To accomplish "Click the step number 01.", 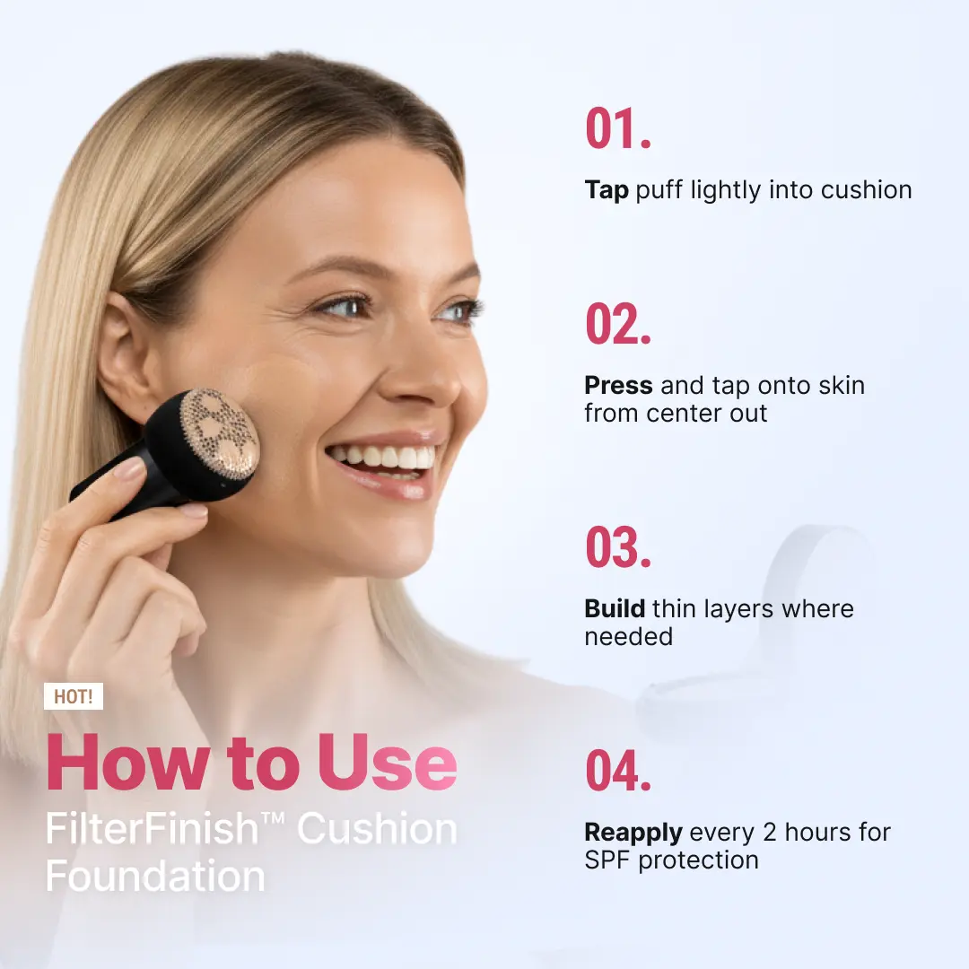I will click(x=618, y=129).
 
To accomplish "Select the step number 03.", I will click(x=618, y=547).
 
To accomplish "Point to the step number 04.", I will click(x=618, y=771).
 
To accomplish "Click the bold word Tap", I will click(x=607, y=190).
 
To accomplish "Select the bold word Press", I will click(x=618, y=386).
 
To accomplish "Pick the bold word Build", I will click(x=615, y=608).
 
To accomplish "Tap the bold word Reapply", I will click(x=633, y=833).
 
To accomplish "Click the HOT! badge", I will click(x=74, y=697).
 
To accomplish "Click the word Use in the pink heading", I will click(x=387, y=764).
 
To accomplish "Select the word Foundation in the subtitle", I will click(x=155, y=876).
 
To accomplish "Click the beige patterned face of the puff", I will click(x=220, y=432).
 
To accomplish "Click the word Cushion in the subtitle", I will click(x=377, y=829).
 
